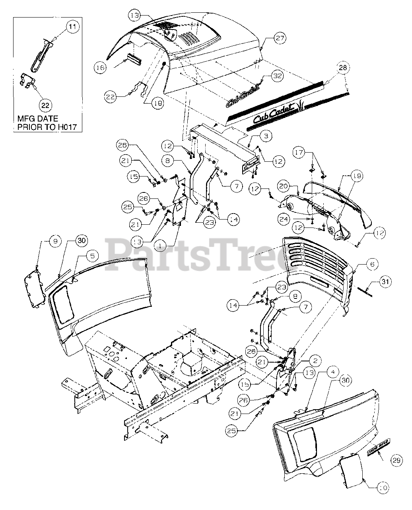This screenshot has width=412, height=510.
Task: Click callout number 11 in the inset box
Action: [x=72, y=27]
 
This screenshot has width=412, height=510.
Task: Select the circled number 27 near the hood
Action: [x=280, y=38]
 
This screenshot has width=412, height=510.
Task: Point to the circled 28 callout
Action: [x=343, y=68]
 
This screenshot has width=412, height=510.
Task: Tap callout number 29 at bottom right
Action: [x=395, y=461]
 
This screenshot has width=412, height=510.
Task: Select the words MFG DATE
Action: [x=37, y=118]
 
